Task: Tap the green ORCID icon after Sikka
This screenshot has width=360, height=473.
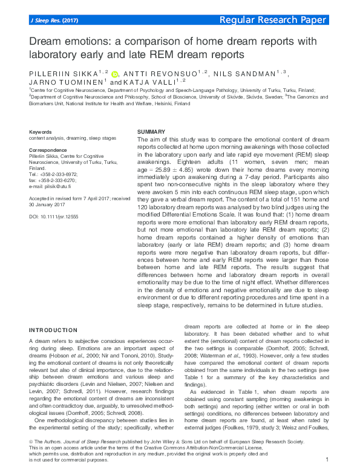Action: tap(116, 74)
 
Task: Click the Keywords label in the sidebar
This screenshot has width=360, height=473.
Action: tap(41, 132)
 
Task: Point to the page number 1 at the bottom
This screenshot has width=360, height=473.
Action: tap(327, 460)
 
